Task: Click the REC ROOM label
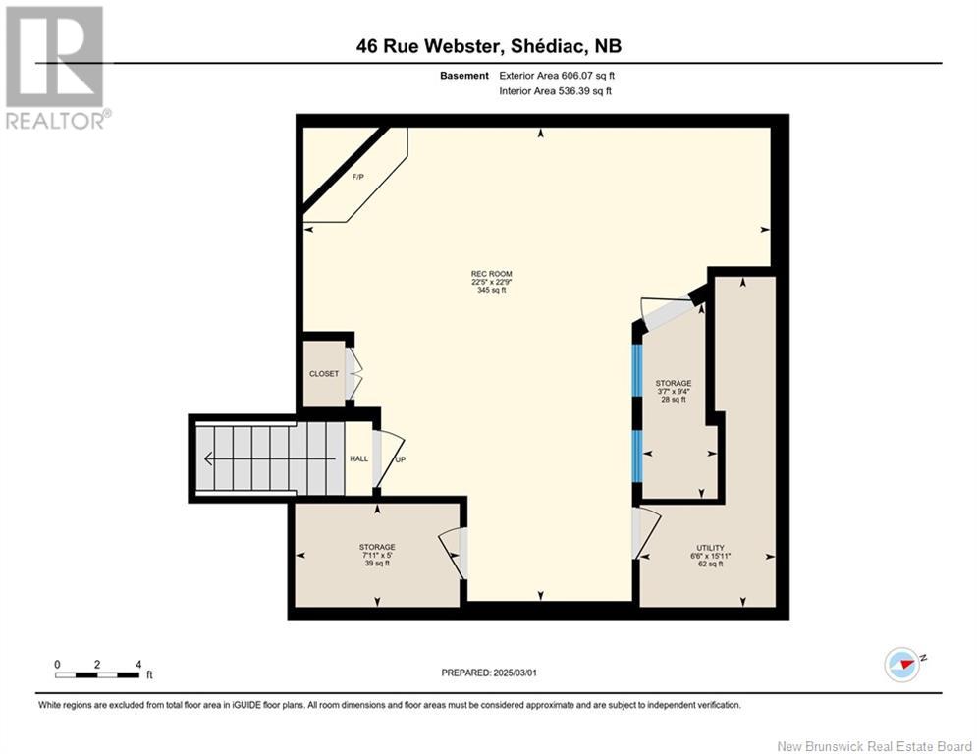coord(491,274)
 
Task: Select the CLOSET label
coord(323,374)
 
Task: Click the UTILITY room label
coord(710,548)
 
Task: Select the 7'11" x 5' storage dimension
coord(377,555)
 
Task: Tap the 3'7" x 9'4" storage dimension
coord(674,392)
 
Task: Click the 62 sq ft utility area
coord(710,564)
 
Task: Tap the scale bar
coord(97,674)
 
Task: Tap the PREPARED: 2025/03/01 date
coord(491,673)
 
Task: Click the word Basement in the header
coord(464,76)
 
